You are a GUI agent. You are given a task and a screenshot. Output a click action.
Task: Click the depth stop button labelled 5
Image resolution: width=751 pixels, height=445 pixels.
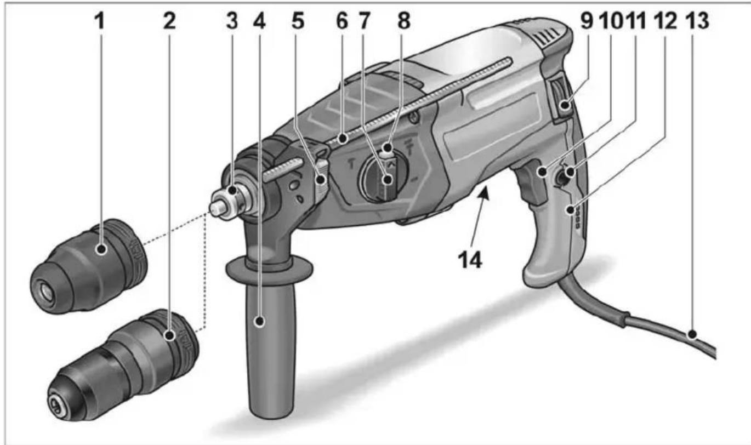(x=321, y=176)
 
